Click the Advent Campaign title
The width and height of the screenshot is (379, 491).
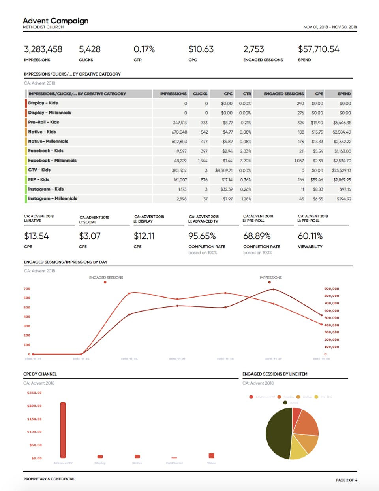click(56, 21)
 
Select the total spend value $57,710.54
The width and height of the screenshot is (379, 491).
click(319, 49)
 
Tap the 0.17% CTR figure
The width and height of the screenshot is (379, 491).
click(144, 49)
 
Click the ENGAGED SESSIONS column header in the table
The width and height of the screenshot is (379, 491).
click(283, 94)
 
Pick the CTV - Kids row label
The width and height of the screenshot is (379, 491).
click(39, 170)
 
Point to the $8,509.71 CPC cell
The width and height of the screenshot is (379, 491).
click(223, 170)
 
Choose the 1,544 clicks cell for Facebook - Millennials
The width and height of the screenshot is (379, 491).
click(203, 161)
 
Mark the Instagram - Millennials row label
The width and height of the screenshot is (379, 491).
click(53, 198)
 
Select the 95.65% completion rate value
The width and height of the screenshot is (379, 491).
click(202, 236)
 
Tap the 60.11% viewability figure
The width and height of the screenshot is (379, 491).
click(310, 236)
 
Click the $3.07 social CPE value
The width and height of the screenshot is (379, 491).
click(90, 236)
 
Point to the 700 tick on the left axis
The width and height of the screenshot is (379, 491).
click(27, 289)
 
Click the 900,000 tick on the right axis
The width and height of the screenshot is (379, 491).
click(331, 289)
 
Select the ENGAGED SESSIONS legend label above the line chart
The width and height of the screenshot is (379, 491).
click(106, 278)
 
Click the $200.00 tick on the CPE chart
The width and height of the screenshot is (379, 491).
click(34, 406)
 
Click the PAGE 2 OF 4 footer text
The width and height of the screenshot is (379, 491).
click(346, 480)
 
